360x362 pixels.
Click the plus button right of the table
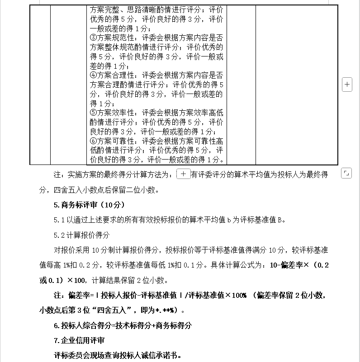[347, 85]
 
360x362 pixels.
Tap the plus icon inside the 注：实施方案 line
[183, 174]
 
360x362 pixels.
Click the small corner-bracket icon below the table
[346, 173]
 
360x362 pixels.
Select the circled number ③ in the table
[94, 38]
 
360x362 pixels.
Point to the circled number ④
[94, 75]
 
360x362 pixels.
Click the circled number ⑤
[94, 112]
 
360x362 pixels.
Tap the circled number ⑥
[94, 141]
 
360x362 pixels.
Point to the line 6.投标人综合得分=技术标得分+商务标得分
[123, 325]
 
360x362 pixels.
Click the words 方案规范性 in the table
[116, 38]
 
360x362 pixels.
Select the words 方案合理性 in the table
[116, 75]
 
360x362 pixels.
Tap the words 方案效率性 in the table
[116, 112]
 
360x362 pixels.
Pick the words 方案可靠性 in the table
[116, 141]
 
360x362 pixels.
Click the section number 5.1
[60, 220]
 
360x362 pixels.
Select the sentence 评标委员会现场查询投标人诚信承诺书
[117, 355]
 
